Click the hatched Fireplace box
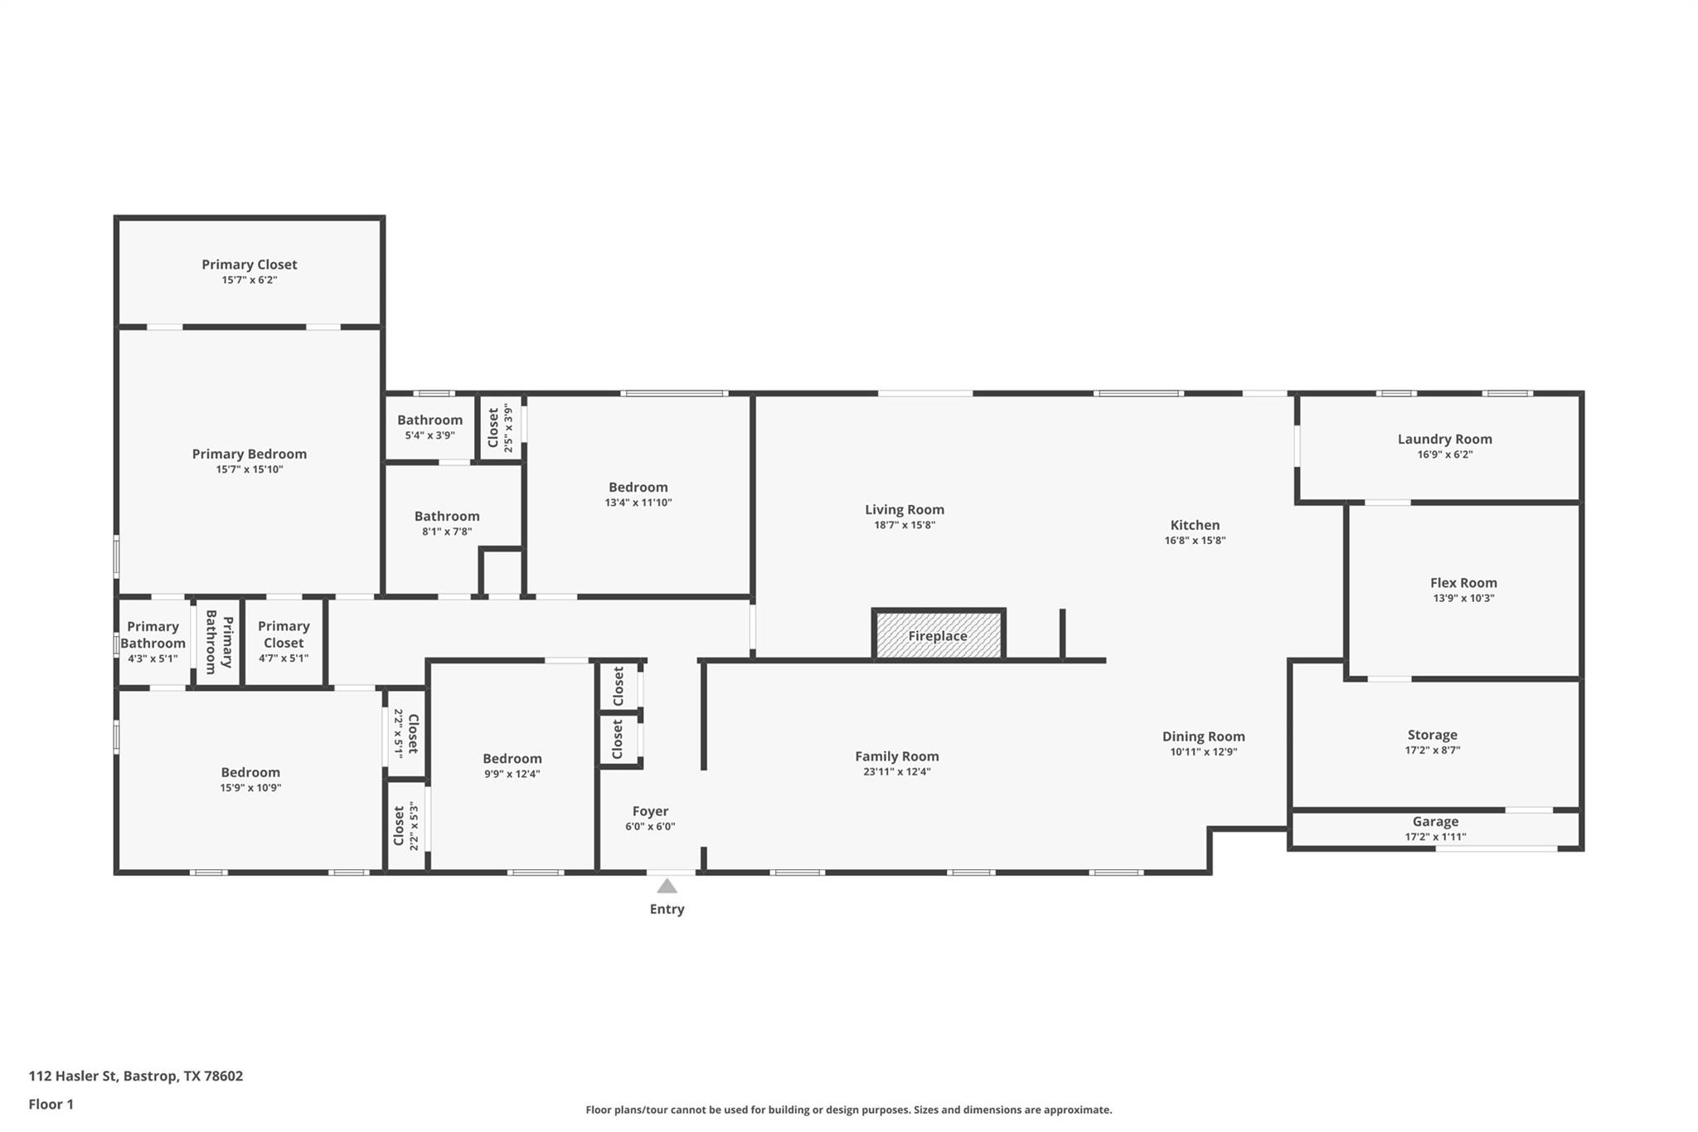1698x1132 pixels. pyautogui.click(x=938, y=636)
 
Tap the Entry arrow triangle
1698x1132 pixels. pyautogui.click(x=667, y=887)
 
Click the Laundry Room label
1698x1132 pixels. pyautogui.click(x=1444, y=439)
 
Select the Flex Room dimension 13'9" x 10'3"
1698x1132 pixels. pyautogui.click(x=1463, y=598)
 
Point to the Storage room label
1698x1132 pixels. pyautogui.click(x=1432, y=735)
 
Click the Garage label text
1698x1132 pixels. pyautogui.click(x=1435, y=822)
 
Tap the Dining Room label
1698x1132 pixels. pyautogui.click(x=1203, y=736)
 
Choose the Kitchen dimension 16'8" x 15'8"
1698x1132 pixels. pyautogui.click(x=1195, y=540)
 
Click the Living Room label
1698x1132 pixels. pyautogui.click(x=904, y=509)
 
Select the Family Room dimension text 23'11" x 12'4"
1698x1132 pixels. pyautogui.click(x=896, y=771)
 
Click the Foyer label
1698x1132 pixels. pyautogui.click(x=650, y=811)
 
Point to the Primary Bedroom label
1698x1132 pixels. pyautogui.click(x=249, y=454)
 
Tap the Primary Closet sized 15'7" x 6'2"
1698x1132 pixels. pyautogui.click(x=249, y=265)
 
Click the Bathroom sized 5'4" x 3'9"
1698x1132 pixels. pyautogui.click(x=429, y=420)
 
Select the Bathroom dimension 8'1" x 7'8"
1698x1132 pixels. pyautogui.click(x=447, y=532)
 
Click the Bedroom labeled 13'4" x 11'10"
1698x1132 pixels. pyautogui.click(x=638, y=488)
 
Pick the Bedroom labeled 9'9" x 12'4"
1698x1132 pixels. pyautogui.click(x=512, y=759)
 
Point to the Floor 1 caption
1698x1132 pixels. pyautogui.click(x=51, y=1104)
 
